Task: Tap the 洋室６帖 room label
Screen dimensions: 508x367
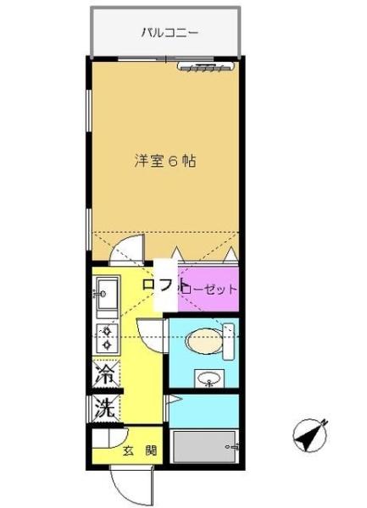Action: [x=165, y=160]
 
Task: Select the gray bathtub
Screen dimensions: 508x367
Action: [x=204, y=445]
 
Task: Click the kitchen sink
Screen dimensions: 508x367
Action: [x=106, y=297]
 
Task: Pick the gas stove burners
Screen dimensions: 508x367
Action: [x=106, y=339]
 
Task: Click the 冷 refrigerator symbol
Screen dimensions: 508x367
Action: [x=105, y=373]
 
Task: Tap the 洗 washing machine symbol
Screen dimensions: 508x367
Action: [x=105, y=406]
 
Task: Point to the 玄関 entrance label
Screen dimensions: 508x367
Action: [x=141, y=450]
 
